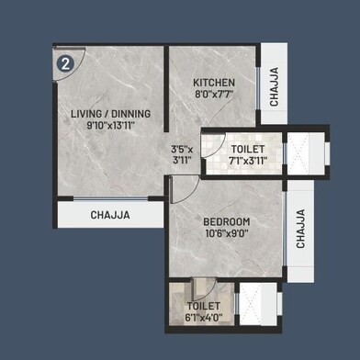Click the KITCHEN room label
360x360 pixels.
[213, 83]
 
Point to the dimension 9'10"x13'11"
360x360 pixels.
[110, 125]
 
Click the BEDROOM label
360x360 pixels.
[228, 221]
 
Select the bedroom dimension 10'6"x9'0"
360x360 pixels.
[228, 233]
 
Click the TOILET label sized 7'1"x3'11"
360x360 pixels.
[249, 148]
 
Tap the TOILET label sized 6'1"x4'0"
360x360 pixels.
[203, 306]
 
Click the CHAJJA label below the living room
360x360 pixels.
[110, 215]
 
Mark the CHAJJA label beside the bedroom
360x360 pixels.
[300, 229]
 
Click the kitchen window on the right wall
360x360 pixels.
[260, 89]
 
